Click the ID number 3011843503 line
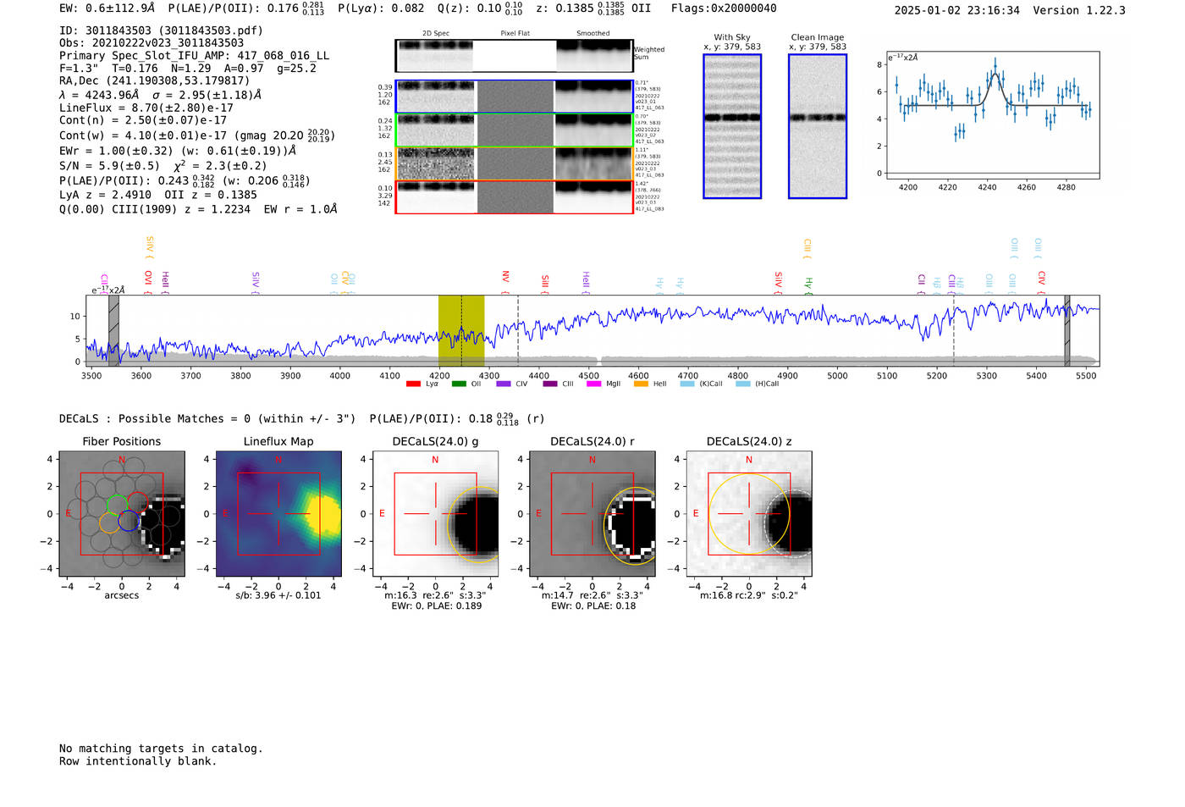click(161, 30)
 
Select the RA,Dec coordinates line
click(154, 81)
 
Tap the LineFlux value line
click(146, 108)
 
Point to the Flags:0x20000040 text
click(723, 8)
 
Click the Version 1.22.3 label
click(1078, 10)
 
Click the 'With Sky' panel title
click(731, 37)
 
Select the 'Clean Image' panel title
click(817, 37)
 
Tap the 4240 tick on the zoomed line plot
click(987, 187)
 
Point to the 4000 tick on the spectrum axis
click(339, 376)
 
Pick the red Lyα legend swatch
click(413, 384)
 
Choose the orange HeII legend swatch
click(641, 384)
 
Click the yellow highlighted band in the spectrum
click(460, 330)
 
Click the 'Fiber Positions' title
click(121, 441)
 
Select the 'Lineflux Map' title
click(278, 441)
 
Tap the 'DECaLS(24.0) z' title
click(748, 441)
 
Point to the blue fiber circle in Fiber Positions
click(129, 522)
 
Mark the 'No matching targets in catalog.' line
click(161, 749)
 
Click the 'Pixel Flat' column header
click(515, 33)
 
